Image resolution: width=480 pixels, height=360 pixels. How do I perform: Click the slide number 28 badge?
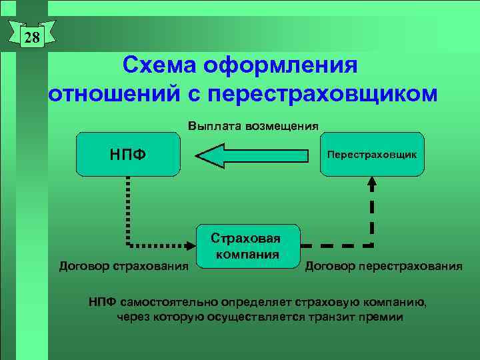(x=32, y=37)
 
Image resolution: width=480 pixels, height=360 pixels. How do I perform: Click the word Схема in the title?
(x=161, y=66)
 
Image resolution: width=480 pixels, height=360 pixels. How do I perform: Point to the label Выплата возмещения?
(x=253, y=125)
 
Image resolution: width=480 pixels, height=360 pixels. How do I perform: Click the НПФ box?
(x=128, y=154)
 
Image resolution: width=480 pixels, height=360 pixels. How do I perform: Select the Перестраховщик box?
(x=371, y=154)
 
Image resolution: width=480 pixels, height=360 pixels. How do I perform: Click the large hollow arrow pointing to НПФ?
(x=253, y=155)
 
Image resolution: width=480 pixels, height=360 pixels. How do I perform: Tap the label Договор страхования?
(x=124, y=267)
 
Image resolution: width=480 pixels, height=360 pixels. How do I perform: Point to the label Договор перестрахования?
(x=383, y=267)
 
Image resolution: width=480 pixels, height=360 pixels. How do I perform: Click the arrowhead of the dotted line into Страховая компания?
(x=191, y=245)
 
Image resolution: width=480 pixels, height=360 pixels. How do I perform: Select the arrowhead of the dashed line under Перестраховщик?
(x=371, y=182)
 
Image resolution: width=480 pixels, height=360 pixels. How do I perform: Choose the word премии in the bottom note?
(x=381, y=317)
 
